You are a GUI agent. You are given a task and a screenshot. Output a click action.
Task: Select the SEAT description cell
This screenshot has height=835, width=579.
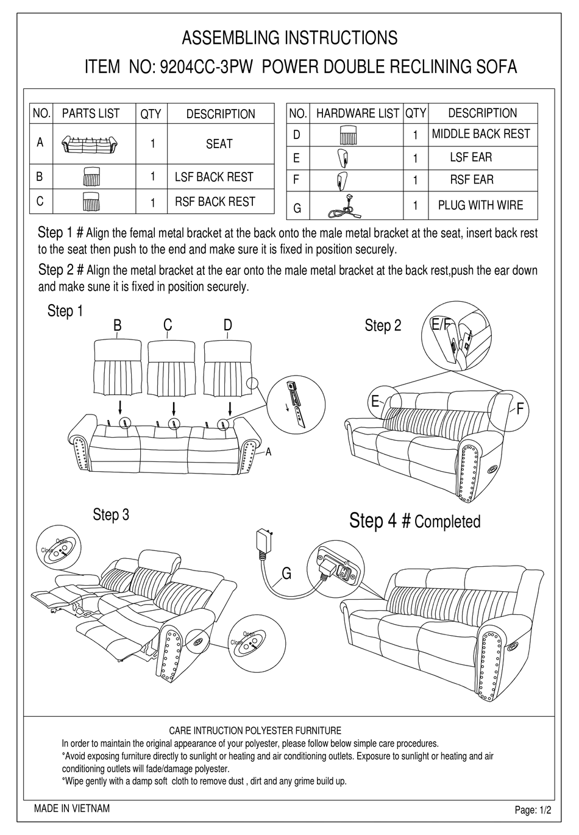(219, 144)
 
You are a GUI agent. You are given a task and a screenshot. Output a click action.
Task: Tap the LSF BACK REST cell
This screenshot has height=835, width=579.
(214, 177)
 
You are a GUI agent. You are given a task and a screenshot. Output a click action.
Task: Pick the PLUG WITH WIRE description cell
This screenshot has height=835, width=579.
(480, 205)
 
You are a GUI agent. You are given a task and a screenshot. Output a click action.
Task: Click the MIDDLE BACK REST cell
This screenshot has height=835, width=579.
(481, 134)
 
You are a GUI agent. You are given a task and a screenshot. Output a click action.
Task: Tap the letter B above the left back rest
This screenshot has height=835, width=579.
(118, 326)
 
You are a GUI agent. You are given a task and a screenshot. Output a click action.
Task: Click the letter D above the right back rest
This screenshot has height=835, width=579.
(228, 325)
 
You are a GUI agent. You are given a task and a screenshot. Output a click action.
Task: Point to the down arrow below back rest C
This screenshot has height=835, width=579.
(174, 407)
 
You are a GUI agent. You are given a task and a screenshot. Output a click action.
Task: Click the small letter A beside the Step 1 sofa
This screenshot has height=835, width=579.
(268, 452)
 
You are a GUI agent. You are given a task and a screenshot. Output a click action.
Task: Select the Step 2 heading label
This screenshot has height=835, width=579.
(383, 326)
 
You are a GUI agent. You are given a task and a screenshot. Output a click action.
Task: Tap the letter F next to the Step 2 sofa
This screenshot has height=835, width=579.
(520, 410)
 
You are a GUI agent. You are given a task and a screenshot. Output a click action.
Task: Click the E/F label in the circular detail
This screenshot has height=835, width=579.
(440, 325)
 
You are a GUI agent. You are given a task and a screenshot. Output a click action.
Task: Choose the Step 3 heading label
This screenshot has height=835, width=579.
(111, 515)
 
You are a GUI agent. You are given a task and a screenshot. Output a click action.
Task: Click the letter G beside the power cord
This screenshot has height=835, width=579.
(286, 574)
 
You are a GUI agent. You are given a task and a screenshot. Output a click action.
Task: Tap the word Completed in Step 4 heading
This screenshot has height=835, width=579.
(447, 522)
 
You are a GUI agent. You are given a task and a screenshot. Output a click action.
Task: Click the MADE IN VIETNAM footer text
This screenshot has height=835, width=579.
(72, 809)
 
